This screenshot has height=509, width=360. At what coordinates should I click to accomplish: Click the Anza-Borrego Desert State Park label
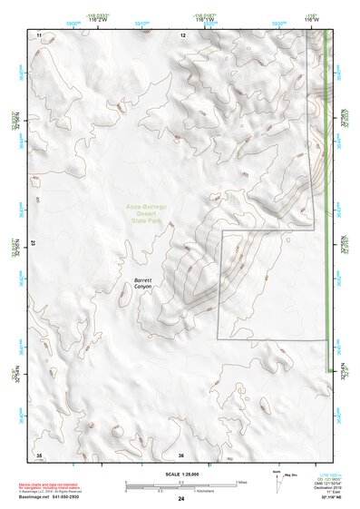147,213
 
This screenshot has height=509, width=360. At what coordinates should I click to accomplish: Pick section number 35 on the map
39,454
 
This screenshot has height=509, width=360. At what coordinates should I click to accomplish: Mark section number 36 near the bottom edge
181,454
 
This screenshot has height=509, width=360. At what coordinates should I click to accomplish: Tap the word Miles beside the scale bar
241,481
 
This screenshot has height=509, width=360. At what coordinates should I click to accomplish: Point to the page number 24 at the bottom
180,500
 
